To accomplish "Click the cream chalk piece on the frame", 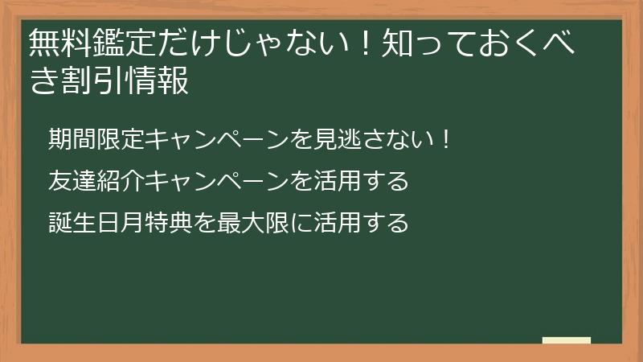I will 567,340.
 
